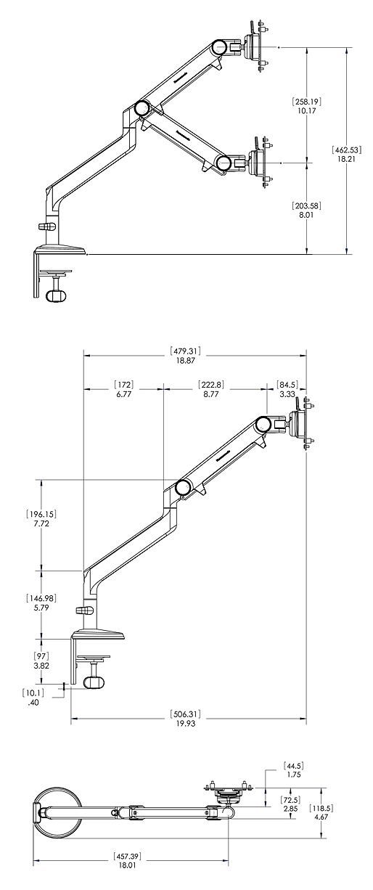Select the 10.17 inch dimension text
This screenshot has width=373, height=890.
click(306, 111)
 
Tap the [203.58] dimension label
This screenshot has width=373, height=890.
click(306, 205)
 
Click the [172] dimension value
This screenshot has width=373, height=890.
click(123, 384)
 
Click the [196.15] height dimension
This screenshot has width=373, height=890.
click(41, 514)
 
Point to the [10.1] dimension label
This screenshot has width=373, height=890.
click(33, 693)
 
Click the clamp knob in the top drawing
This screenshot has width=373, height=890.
click(55, 295)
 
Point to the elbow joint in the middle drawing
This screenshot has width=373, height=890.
click(182, 487)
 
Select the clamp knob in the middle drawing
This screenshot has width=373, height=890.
click(93, 683)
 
